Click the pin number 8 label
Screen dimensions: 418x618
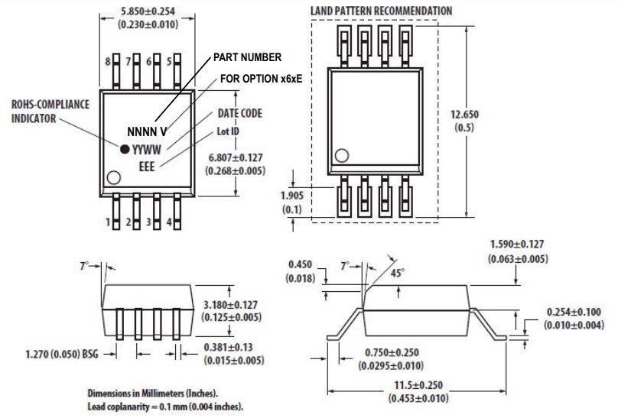click(x=107, y=61)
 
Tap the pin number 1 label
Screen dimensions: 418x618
click(x=108, y=223)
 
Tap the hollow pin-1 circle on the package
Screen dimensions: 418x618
click(x=114, y=177)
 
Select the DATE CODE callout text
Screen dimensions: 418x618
click(x=241, y=113)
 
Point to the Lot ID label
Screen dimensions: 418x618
click(x=227, y=131)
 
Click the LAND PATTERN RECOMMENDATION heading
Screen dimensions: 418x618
click(x=380, y=11)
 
